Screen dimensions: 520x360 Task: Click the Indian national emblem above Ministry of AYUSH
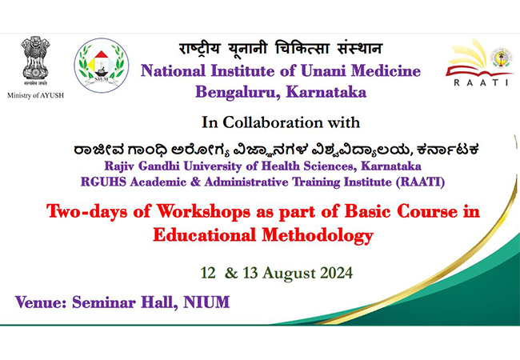tap(35, 61)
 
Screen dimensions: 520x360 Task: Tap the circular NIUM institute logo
tap(102, 66)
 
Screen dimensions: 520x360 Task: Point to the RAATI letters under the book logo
tap(481, 82)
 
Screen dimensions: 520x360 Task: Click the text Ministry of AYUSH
tap(35, 95)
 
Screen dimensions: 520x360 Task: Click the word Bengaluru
tap(238, 93)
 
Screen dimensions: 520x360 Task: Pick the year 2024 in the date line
tap(336, 273)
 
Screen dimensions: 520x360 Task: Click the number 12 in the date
tap(208, 273)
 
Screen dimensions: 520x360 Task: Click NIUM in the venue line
tap(206, 302)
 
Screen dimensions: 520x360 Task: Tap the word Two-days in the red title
tap(87, 211)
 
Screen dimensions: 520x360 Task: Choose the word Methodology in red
tap(318, 236)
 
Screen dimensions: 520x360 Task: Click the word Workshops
tap(203, 212)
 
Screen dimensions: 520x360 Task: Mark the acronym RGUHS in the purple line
tap(103, 182)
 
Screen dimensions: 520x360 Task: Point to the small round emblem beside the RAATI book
tap(502, 58)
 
